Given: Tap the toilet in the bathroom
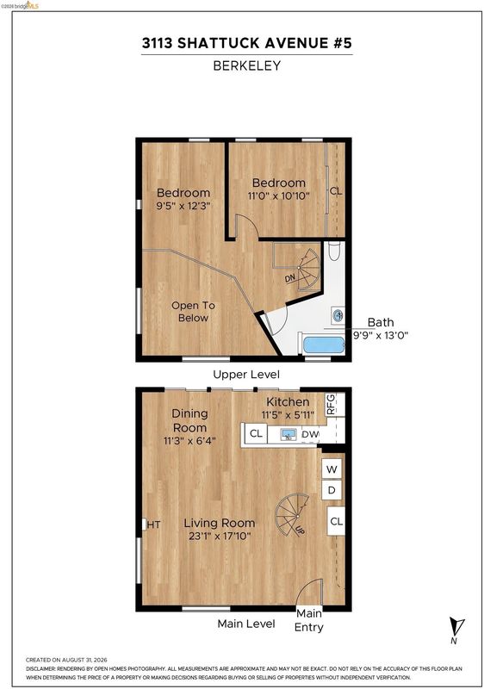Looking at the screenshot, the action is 335,251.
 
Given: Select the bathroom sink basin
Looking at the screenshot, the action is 338,315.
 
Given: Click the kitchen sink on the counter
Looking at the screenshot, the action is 289,435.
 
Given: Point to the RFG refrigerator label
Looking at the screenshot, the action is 331,404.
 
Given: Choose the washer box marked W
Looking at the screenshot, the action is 332,469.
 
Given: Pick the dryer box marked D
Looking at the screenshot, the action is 332,490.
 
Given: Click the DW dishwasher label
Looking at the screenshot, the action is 311,434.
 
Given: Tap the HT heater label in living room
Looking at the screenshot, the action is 153,525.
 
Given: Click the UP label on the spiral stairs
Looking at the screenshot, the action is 301,530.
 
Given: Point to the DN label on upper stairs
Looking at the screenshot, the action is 290,278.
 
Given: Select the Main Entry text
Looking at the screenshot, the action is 309,620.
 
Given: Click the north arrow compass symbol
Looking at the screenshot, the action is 456,630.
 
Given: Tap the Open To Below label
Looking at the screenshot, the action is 193,312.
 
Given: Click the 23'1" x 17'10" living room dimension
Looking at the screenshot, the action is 219,536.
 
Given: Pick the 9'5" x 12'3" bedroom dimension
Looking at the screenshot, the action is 183,205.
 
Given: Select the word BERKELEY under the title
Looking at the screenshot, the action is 247,66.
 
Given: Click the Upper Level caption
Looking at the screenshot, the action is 246,375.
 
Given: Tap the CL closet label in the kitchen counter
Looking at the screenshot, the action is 256,434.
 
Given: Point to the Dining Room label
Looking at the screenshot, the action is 189,420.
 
